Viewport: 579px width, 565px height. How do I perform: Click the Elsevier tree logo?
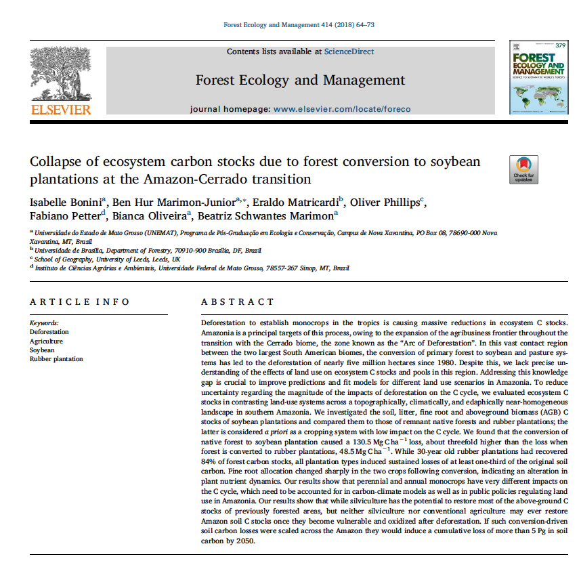tap(60, 72)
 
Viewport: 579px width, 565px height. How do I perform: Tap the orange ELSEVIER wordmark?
tap(60, 108)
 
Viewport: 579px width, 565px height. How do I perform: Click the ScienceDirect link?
tap(349, 51)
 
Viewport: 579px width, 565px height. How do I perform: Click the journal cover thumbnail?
tap(538, 78)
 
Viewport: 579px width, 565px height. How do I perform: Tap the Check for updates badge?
tap(524, 169)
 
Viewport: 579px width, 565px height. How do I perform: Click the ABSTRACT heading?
tap(238, 302)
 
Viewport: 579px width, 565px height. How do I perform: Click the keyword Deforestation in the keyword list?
tap(49, 332)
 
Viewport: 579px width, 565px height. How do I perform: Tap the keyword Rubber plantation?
tap(56, 359)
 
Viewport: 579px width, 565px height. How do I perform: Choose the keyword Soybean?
tap(42, 350)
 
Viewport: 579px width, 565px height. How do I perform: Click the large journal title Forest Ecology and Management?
tap(300, 80)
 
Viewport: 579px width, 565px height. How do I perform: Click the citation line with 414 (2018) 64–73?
tap(299, 25)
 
